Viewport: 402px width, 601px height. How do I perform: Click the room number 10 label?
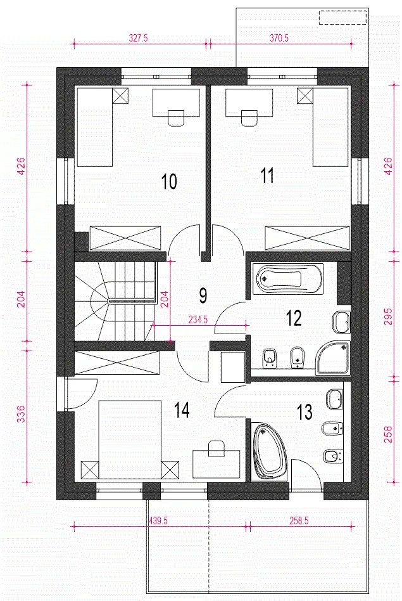(169, 181)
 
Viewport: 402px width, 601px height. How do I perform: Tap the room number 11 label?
(267, 176)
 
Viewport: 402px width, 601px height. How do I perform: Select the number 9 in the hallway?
(203, 295)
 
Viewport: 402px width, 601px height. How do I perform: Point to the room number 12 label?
(294, 318)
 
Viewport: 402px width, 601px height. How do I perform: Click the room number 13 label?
(305, 412)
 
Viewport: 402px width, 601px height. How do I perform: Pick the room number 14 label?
(182, 410)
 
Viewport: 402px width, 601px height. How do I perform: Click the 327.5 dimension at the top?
(138, 38)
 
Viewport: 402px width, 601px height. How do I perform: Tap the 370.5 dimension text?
(279, 38)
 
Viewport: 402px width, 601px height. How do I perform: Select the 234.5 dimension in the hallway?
(198, 320)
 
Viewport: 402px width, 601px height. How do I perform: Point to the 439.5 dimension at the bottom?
(158, 520)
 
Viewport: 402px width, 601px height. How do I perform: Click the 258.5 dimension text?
(299, 520)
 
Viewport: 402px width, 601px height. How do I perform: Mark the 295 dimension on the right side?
(388, 316)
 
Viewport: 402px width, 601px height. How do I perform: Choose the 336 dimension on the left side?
(22, 414)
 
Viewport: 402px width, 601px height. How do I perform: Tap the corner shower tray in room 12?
(332, 358)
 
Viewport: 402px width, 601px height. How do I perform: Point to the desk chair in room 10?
(176, 118)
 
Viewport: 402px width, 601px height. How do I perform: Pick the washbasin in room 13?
(335, 400)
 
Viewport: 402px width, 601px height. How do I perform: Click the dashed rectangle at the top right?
(343, 18)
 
